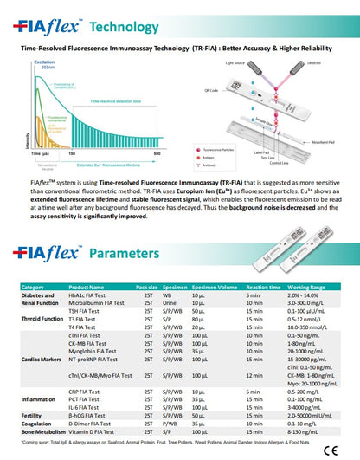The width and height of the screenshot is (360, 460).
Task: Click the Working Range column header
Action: coord(306,287)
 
